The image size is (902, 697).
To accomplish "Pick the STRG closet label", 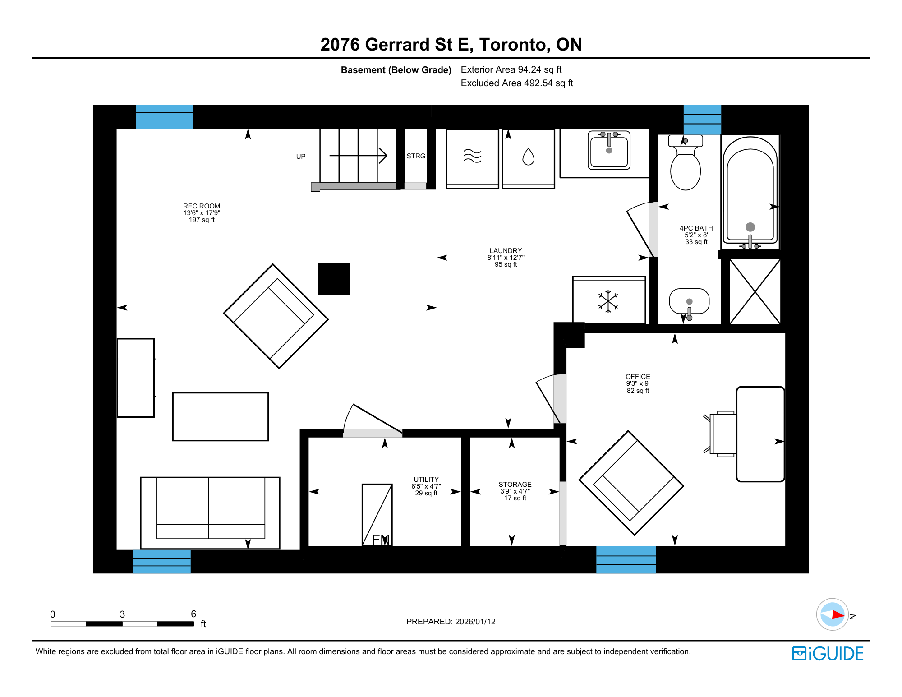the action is tap(416, 156).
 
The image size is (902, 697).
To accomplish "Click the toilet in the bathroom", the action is tap(686, 162).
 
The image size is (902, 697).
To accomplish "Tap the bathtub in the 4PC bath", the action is tap(750, 192).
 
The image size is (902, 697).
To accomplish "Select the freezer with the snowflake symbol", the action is tap(609, 300).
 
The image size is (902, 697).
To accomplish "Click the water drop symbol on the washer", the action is tap(528, 157).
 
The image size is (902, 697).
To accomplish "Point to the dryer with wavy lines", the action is tap(472, 159).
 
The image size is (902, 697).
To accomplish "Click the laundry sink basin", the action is tap(609, 150).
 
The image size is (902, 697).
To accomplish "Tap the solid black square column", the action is tap(334, 279).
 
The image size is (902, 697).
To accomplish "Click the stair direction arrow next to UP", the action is tap(358, 156).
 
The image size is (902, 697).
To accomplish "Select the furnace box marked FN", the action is tap(377, 515).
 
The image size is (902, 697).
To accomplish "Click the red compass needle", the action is tap(838, 614).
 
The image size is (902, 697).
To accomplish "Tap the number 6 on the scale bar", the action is tap(193, 614).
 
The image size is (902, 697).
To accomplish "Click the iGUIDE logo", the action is tap(828, 654).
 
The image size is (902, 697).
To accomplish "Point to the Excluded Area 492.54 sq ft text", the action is tap(517, 83).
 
